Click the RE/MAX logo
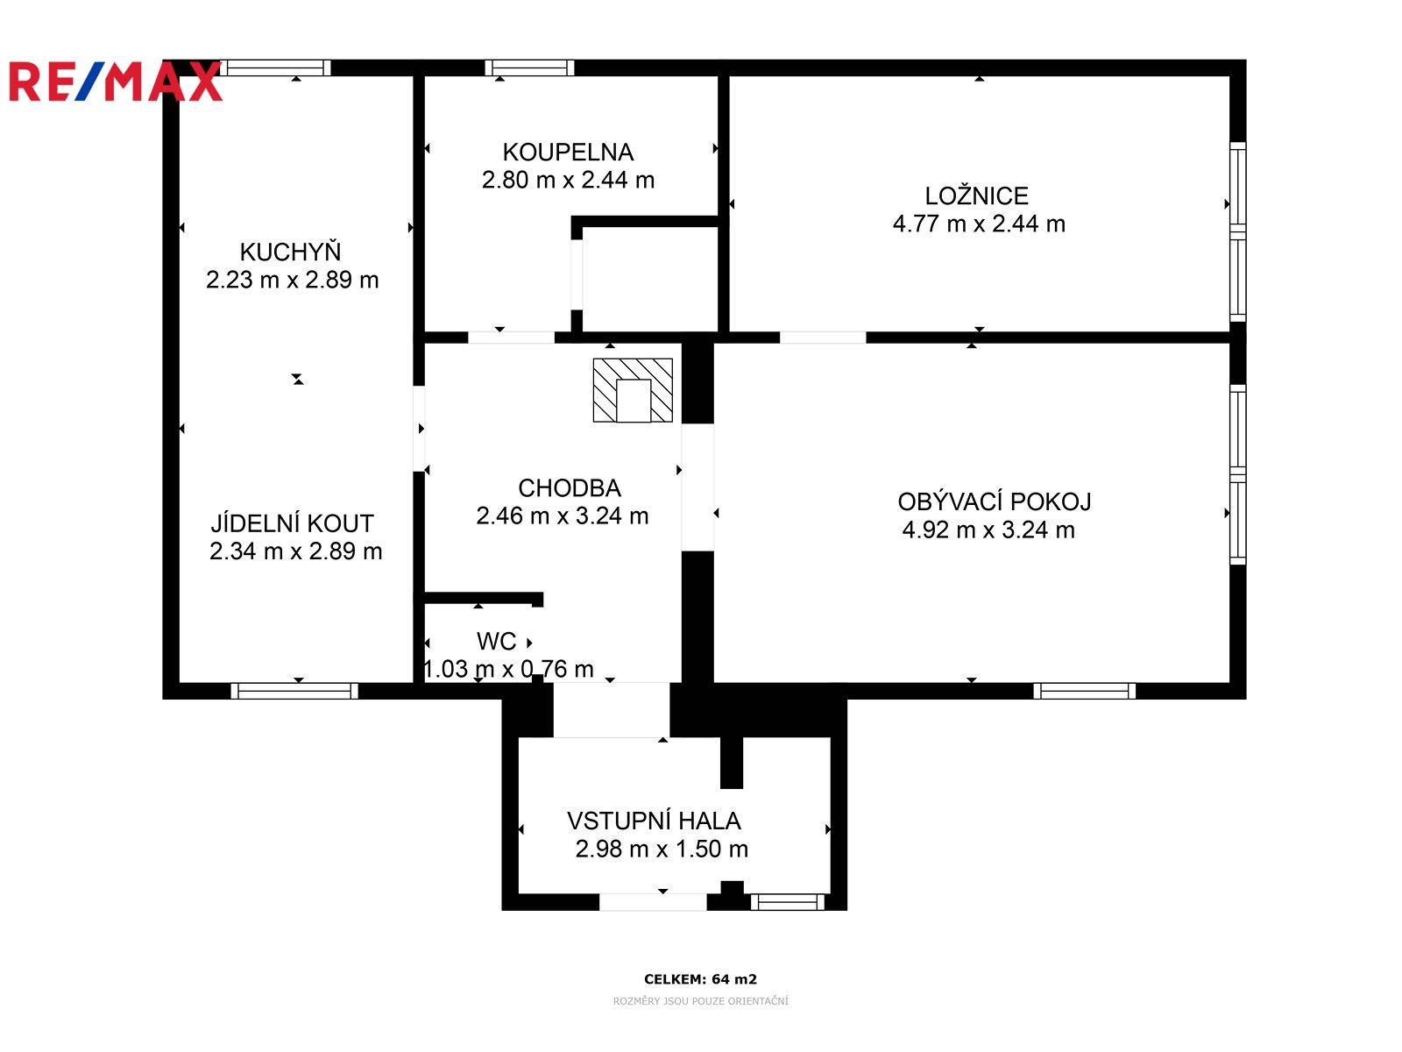pyautogui.click(x=115, y=82)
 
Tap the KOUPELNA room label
pyautogui.click(x=568, y=153)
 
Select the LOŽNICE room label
pyautogui.click(x=977, y=196)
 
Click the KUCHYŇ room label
pyautogui.click(x=290, y=252)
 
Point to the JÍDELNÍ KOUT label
pyautogui.click(x=292, y=524)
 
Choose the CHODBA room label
pyautogui.click(x=570, y=488)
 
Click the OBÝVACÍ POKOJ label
pyautogui.click(x=995, y=502)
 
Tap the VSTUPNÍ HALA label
pyautogui.click(x=654, y=821)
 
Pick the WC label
pyautogui.click(x=496, y=642)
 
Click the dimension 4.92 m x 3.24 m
pyautogui.click(x=988, y=530)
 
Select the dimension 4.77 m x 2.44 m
pyautogui.click(x=979, y=224)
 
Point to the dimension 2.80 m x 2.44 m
pyautogui.click(x=568, y=181)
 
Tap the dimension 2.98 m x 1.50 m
pyautogui.click(x=662, y=849)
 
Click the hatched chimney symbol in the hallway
pyautogui.click(x=633, y=390)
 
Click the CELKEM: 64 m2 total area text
pyautogui.click(x=700, y=979)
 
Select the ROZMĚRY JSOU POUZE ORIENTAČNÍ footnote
pyautogui.click(x=700, y=1001)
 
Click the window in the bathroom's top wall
pyautogui.click(x=529, y=68)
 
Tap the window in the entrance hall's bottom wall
pyautogui.click(x=787, y=901)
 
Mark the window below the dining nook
pyautogui.click(x=294, y=691)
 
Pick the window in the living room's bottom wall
pyautogui.click(x=1084, y=691)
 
